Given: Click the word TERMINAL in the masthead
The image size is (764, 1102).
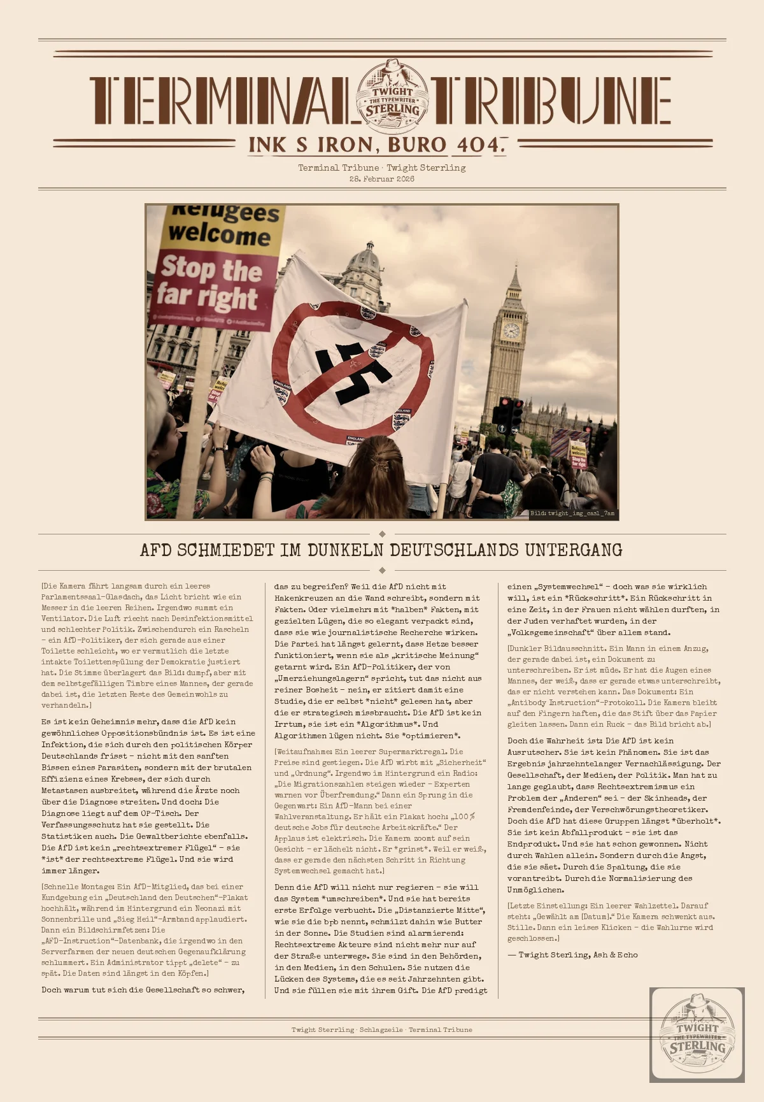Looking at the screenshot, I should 220,101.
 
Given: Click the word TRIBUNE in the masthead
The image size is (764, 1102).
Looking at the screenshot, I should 551,101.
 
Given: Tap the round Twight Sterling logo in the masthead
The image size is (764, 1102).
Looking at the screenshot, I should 393,96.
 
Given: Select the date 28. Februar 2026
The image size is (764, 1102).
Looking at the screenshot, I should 382,179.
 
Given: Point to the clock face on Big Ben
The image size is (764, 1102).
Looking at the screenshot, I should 511,330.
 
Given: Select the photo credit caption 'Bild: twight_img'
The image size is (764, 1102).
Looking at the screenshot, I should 572,513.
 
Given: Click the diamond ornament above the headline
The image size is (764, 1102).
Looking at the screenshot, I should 382,534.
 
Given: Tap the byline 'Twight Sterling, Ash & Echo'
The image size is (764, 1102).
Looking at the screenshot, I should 572,955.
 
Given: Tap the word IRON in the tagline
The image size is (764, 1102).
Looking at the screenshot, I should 346,145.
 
